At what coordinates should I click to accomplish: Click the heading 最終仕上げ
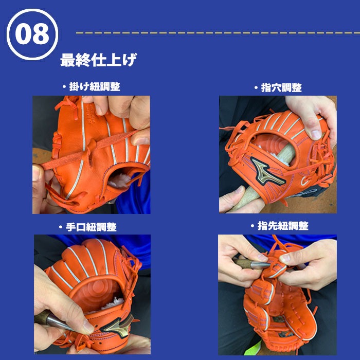pyautogui.click(x=98, y=60)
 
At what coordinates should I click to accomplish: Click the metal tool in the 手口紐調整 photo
pyautogui.click(x=62, y=319)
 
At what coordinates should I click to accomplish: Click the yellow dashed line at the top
pyautogui.click(x=216, y=32)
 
